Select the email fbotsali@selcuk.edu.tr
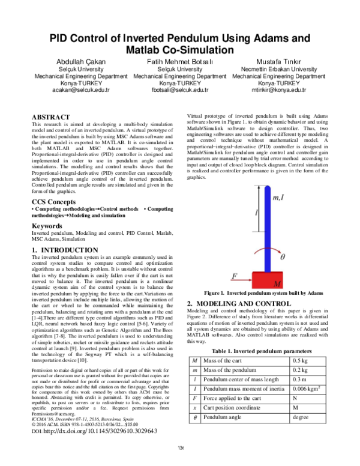[x=179, y=89]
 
